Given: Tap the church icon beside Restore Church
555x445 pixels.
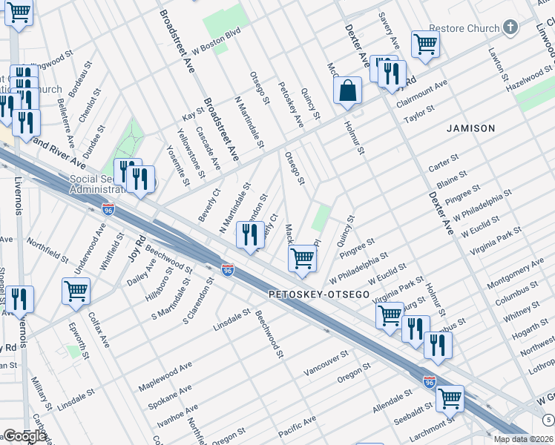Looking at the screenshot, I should (x=509, y=28).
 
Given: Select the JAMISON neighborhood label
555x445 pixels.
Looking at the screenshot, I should (x=470, y=128).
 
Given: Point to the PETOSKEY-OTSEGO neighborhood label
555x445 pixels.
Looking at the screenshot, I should (x=319, y=294).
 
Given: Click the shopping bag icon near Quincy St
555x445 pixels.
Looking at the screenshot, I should (x=347, y=92).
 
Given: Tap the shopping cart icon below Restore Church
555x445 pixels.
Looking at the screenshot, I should (x=425, y=44).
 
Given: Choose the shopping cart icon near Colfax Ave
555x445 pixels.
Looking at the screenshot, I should (x=76, y=291).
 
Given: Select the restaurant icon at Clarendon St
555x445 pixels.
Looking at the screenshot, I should (x=250, y=236).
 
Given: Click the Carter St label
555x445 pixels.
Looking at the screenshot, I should (x=443, y=164).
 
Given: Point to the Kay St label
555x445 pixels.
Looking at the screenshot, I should (x=193, y=114).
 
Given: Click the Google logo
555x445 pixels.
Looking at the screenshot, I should (x=24, y=436).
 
